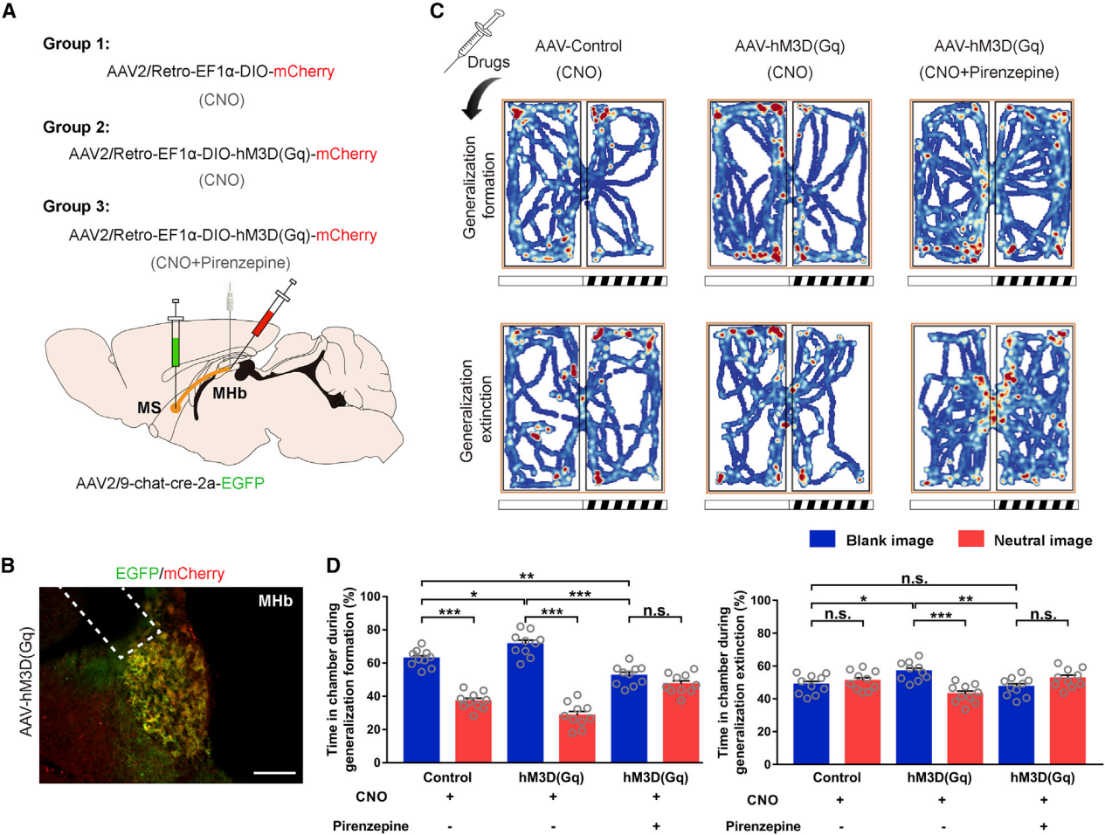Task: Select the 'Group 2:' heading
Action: pos(76,127)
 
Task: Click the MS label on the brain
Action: pos(148,408)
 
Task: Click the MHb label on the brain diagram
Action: pos(230,394)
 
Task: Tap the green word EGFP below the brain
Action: pos(243,483)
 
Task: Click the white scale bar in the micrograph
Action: pos(274,772)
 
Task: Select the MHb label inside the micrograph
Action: pos(275,601)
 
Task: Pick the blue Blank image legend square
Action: pos(822,539)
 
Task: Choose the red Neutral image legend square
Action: pos(970,539)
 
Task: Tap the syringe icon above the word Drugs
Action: pos(479,35)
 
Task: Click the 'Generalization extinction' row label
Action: pos(476,411)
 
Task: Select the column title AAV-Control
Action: pos(578,46)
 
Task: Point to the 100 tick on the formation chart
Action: pos(371,597)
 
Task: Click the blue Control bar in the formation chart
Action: pos(421,709)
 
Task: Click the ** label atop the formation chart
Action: pos(526,576)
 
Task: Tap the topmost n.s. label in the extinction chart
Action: pos(914,578)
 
